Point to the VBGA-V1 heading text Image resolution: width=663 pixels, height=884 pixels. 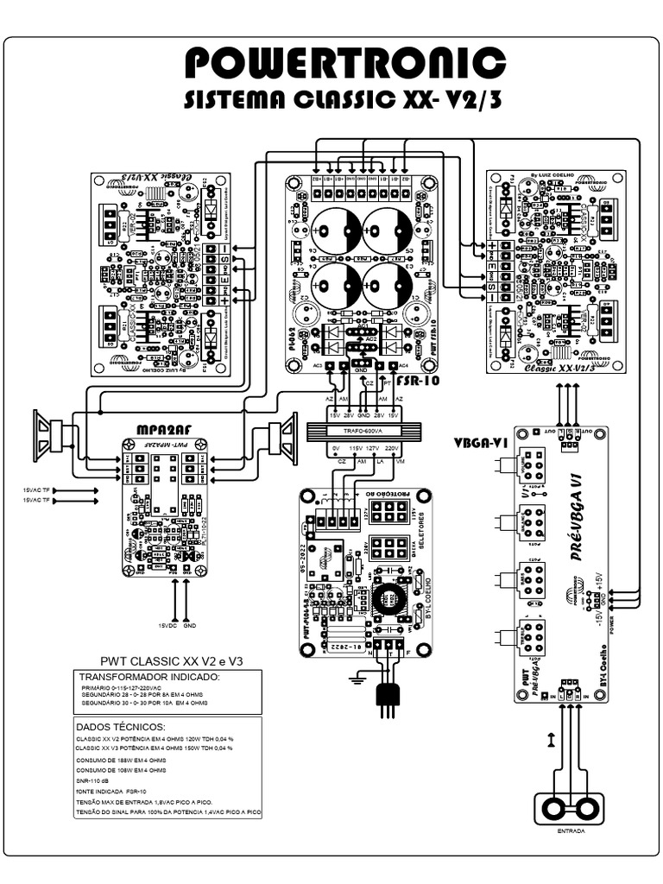[x=480, y=443]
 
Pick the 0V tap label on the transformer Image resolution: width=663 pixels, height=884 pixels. [x=335, y=449]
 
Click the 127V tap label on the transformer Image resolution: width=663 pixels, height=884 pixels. [x=374, y=449]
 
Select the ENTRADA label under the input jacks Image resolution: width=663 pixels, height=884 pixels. [x=571, y=831]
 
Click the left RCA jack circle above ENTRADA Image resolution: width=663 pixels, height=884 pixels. [x=555, y=809]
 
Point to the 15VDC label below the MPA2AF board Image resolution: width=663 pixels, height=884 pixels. [x=167, y=625]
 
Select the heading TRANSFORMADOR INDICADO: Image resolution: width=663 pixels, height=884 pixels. [x=149, y=678]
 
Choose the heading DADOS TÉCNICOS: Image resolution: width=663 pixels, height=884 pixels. [x=120, y=727]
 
